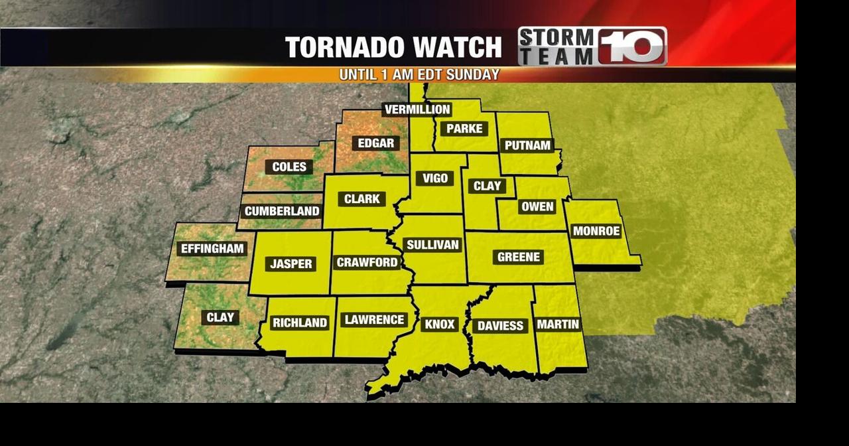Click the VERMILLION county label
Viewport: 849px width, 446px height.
[417, 110]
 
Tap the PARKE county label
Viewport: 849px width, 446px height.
[464, 129]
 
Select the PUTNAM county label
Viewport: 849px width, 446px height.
[527, 145]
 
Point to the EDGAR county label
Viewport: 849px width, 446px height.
[376, 143]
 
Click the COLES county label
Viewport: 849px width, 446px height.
[289, 167]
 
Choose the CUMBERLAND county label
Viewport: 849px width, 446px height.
[282, 212]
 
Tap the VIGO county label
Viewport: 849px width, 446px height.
[435, 178]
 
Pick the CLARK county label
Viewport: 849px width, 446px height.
[362, 198]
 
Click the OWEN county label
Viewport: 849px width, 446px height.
[537, 206]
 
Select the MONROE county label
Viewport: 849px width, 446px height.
[596, 231]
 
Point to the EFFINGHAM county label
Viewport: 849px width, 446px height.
[212, 249]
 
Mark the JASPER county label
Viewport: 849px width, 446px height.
[291, 263]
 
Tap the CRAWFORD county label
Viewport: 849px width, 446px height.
[367, 262]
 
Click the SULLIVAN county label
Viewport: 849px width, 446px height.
[432, 245]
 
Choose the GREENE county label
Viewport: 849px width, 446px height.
[519, 257]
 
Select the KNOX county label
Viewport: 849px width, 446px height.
[439, 324]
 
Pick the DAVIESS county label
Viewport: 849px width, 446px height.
[501, 325]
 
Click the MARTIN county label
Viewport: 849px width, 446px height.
[558, 324]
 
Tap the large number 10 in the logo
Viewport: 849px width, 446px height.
[632, 46]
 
